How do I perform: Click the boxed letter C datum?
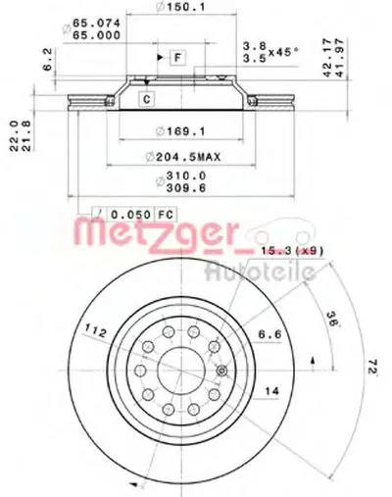coord(145,98)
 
